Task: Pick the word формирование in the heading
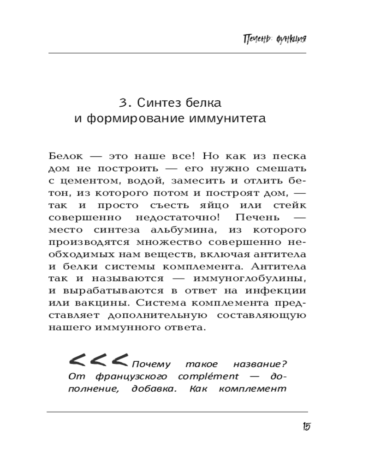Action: (131, 119)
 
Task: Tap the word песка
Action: (290, 156)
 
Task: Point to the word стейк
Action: (289, 205)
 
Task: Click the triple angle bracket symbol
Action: (98, 359)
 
